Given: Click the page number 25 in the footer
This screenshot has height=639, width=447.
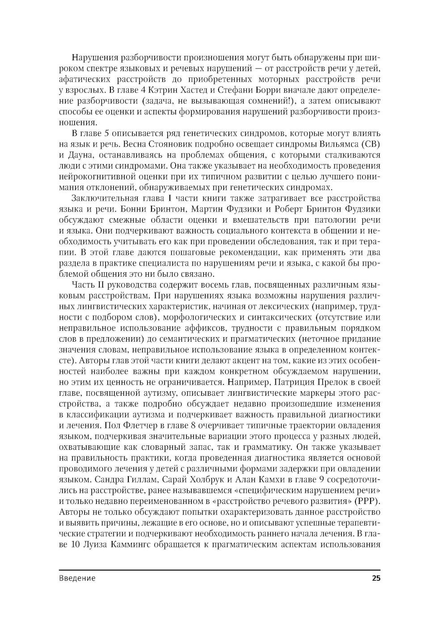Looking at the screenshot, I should tap(375, 578).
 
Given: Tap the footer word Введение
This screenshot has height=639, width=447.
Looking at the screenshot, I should tap(77, 578).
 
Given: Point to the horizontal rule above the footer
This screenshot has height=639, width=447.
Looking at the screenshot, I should tap(219, 570).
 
